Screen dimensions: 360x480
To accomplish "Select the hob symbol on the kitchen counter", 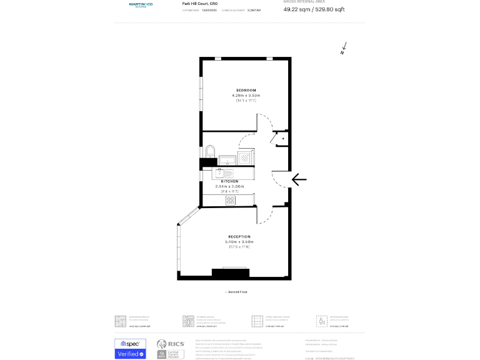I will click(231, 200).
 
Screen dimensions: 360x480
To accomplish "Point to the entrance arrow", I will click(299, 180).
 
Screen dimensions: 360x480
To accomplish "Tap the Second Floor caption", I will click(236, 292).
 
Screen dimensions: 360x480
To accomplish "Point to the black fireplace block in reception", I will click(230, 273).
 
